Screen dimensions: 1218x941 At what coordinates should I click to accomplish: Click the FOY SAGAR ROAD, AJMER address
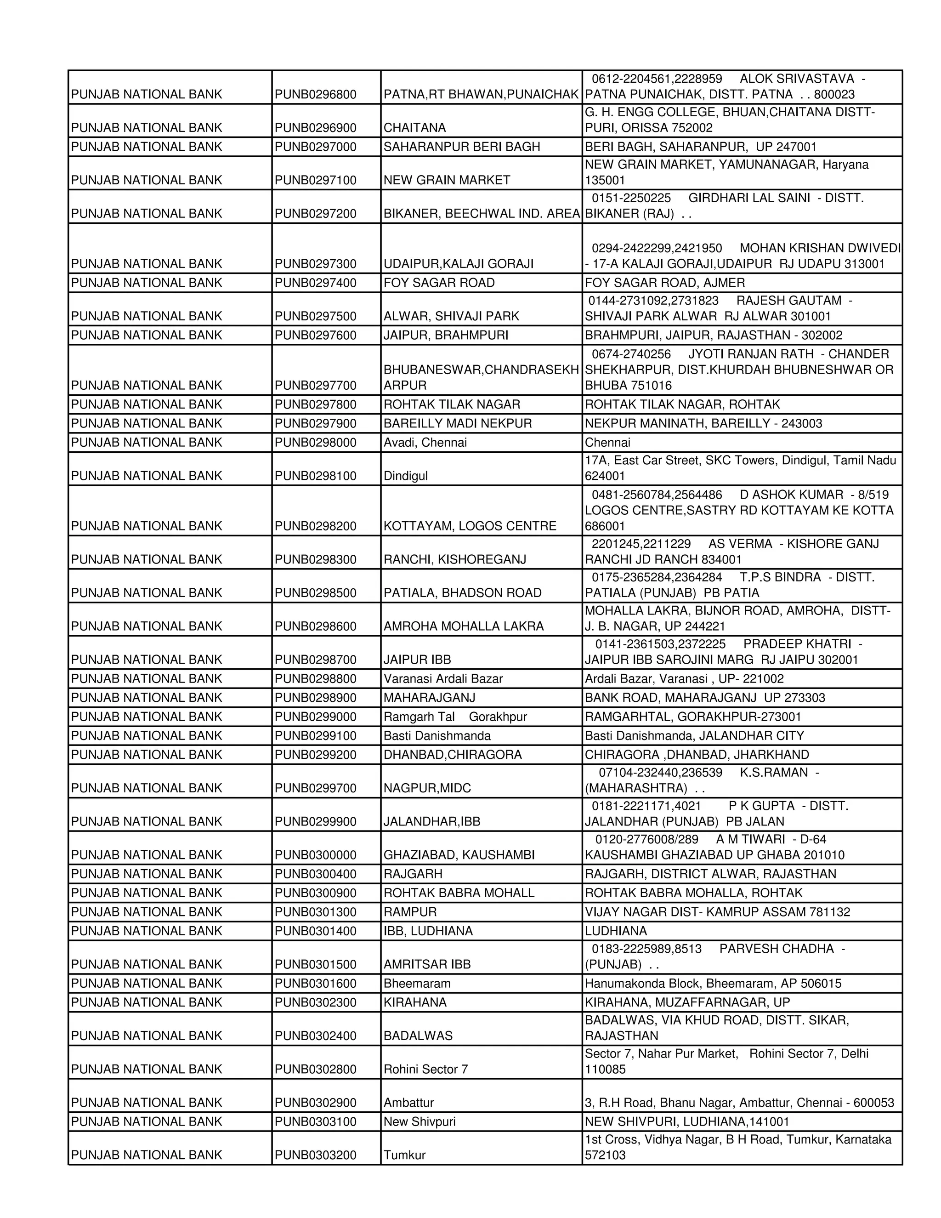click(664, 283)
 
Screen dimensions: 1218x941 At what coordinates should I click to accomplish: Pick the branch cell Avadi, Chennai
click(425, 442)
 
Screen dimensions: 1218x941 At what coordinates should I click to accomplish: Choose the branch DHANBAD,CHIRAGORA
click(452, 755)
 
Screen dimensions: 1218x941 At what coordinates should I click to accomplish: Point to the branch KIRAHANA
click(415, 1002)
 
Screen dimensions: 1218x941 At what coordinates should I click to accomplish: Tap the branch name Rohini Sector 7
click(425, 1069)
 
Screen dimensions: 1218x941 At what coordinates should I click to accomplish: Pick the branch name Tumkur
click(404, 1155)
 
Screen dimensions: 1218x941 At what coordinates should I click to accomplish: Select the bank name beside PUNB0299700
click(147, 788)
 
